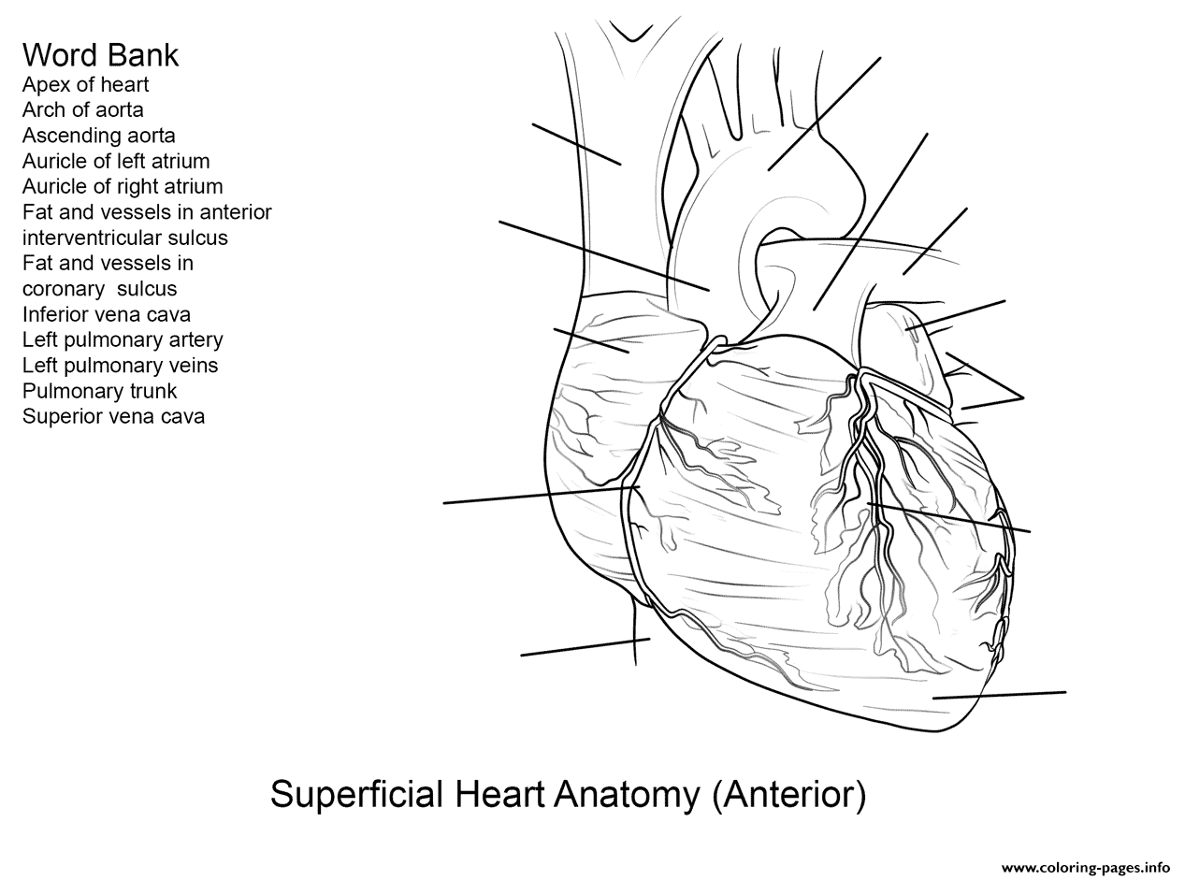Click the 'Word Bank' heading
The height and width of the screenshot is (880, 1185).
[100, 55]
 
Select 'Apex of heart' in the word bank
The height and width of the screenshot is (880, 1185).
[85, 85]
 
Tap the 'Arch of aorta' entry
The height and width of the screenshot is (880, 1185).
[83, 110]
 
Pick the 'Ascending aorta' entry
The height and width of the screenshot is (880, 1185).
[99, 136]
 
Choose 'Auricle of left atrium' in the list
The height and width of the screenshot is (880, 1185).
[116, 161]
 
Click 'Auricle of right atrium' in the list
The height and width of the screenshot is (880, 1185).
[123, 186]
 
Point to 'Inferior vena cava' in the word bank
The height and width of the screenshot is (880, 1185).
[107, 314]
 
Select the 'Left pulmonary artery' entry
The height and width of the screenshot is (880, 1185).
[123, 339]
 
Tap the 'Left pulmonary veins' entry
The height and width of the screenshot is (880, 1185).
[121, 366]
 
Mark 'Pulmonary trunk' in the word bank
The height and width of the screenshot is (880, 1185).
[99, 391]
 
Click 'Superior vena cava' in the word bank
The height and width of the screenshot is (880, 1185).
[113, 416]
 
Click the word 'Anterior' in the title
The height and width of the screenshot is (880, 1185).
[789, 795]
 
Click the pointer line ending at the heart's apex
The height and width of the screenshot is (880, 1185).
[1000, 695]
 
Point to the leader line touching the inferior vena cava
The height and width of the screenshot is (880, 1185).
[585, 647]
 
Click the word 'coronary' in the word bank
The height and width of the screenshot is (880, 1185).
[64, 290]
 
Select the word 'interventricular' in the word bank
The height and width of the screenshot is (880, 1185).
[125, 238]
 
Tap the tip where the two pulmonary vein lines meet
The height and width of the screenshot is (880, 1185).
[1023, 397]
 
